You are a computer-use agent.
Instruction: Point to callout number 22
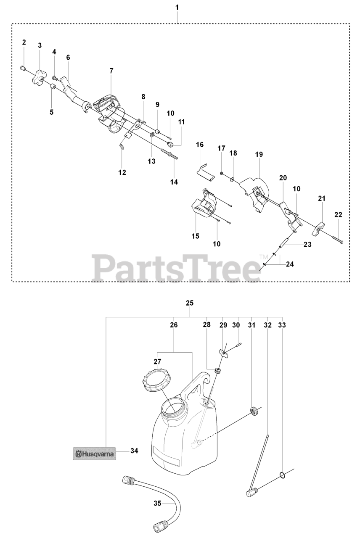coord(338,215)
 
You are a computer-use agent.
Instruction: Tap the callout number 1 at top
coord(177,8)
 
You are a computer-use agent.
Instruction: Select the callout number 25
coord(189,303)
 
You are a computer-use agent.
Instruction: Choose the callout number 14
coord(174,182)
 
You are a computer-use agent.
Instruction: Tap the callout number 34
coord(134,451)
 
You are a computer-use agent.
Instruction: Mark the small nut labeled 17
coord(222,173)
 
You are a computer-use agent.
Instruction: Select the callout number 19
coord(259,155)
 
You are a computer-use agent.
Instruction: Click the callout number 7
coord(111,71)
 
